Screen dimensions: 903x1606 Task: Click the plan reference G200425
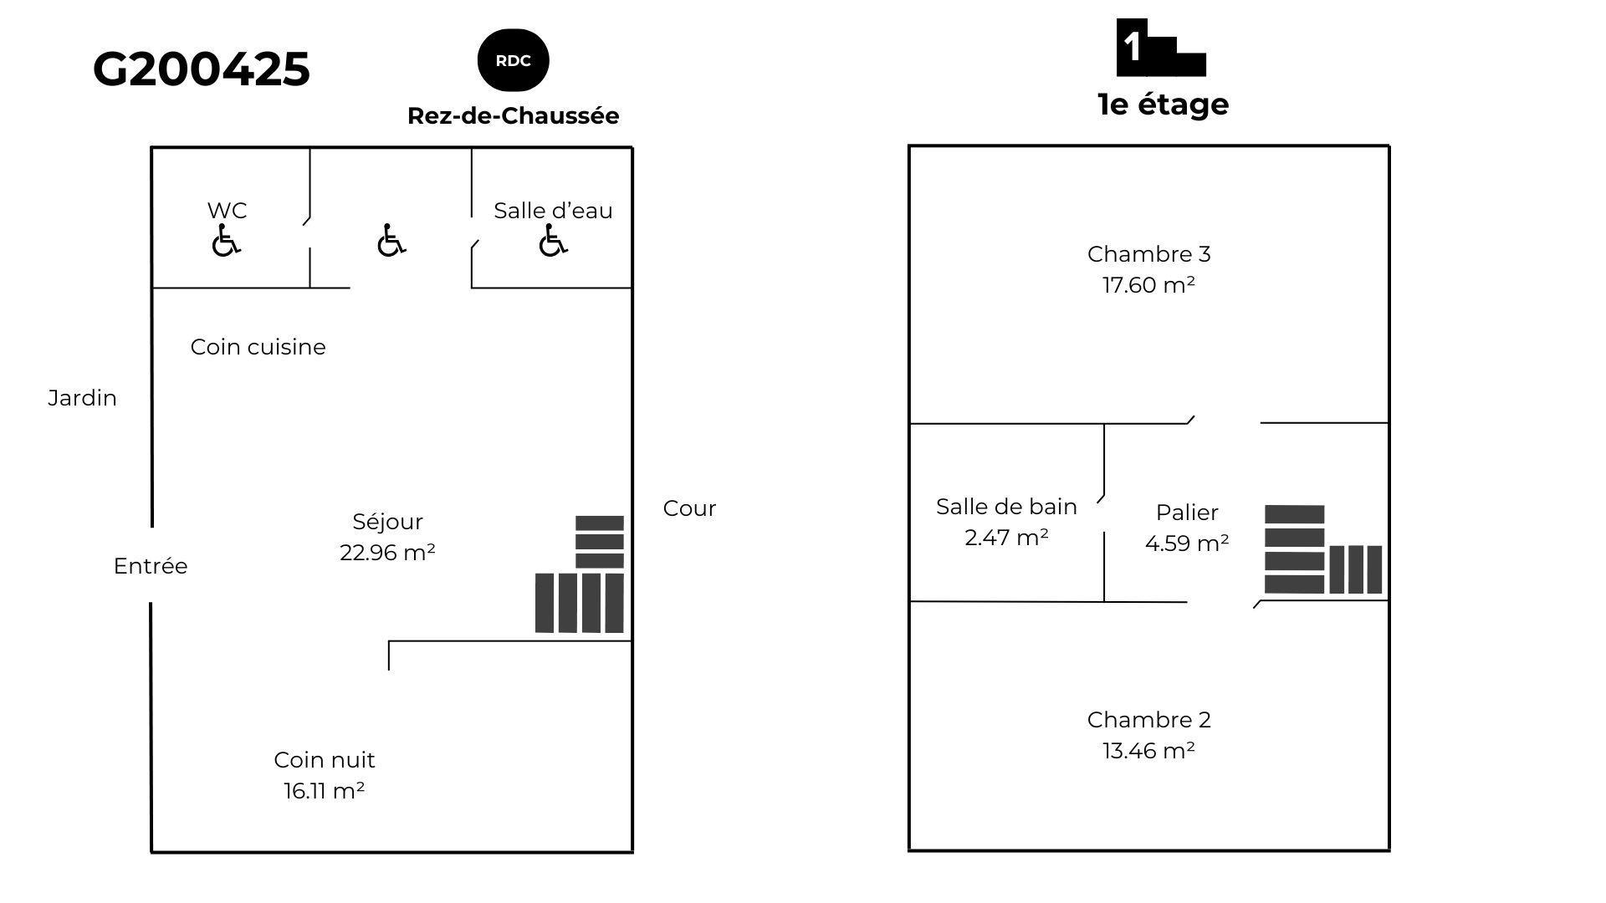202,69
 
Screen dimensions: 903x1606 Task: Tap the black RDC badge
513,60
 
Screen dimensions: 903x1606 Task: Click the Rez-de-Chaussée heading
513,116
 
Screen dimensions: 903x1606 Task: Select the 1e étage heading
1163,105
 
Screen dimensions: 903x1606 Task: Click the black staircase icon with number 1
1160,48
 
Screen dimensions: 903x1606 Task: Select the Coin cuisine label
258,347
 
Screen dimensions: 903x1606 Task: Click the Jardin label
82,398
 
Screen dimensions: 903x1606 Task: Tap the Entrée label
151,566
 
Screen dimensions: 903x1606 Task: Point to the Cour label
689,508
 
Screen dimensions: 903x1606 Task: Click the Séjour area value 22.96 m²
387,553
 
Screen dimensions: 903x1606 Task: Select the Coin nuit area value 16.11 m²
324,791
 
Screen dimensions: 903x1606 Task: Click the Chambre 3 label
1148,254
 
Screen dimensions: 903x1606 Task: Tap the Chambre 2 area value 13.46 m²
1148,751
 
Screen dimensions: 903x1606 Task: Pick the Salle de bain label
1006,507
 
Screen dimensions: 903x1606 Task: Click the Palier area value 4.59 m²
1187,543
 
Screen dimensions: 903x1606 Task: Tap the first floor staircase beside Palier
1322,550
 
